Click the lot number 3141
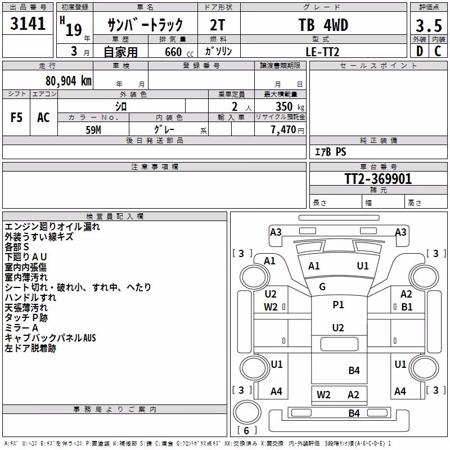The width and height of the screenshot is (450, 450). [28, 24]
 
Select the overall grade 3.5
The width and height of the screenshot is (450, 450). [429, 25]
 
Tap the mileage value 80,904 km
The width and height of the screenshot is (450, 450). [69, 81]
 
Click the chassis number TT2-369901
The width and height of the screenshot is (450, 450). [378, 179]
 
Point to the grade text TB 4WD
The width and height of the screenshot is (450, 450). [323, 25]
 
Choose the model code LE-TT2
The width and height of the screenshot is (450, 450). [322, 52]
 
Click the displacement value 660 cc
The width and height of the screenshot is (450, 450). [179, 52]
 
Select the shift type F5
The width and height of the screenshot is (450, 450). [16, 118]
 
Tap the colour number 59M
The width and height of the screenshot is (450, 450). [93, 130]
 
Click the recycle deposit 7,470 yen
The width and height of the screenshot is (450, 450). [287, 130]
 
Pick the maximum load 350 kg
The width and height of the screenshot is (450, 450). [290, 106]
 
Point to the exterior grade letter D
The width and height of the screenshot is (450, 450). [420, 51]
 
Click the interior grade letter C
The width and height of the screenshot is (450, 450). [438, 51]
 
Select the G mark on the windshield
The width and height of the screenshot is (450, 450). [322, 287]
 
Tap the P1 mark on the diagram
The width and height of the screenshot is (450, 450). [338, 305]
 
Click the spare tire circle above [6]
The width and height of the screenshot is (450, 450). [247, 412]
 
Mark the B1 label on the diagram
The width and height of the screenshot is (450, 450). [407, 307]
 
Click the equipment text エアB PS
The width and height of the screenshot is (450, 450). [331, 152]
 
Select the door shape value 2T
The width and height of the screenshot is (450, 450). [218, 25]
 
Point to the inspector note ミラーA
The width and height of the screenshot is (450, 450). [21, 328]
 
